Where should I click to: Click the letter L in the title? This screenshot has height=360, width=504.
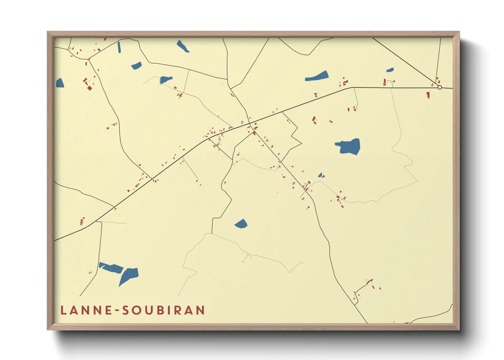click(63, 310)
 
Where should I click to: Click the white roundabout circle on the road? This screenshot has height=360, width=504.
click(440, 87)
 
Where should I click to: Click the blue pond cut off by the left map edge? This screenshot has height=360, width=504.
click(60, 83)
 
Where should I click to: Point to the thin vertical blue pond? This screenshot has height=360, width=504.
click(119, 47)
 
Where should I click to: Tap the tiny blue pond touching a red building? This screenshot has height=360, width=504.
click(320, 175)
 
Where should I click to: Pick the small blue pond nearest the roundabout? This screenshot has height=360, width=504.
click(390, 70)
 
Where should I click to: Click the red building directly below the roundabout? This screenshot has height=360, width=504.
click(428, 95)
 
